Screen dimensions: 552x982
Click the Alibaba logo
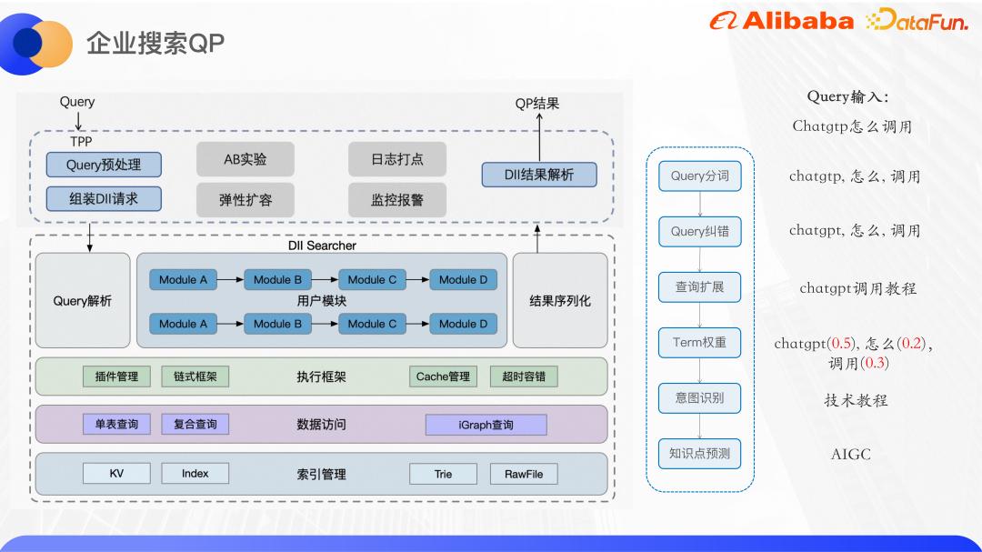[781, 21]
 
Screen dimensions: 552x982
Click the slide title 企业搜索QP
[155, 43]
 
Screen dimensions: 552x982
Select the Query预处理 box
[104, 165]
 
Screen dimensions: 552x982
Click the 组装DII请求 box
[104, 198]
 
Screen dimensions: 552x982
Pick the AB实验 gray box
[245, 159]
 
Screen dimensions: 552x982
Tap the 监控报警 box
[396, 199]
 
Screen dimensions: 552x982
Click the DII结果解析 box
[539, 175]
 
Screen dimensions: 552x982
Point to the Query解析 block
[83, 300]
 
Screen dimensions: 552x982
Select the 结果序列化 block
[560, 300]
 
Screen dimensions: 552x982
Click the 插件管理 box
[116, 376]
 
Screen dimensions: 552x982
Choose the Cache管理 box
[443, 376]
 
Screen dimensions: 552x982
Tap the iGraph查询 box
[486, 425]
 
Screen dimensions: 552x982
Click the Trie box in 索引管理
[443, 474]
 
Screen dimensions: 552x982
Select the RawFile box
[524, 474]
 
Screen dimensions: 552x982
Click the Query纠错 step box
[699, 231]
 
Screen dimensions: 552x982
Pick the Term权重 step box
[699, 342]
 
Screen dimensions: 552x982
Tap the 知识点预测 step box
[699, 453]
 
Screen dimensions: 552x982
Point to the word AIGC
[850, 454]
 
